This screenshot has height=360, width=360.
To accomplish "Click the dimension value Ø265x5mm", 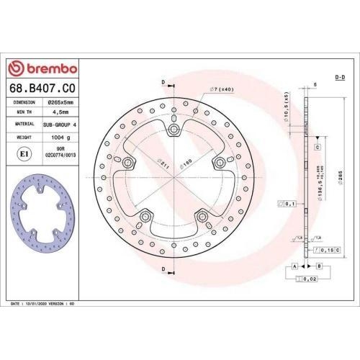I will pyautogui.click(x=62, y=103).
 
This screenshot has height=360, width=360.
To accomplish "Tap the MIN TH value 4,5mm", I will pyautogui.click(x=62, y=113).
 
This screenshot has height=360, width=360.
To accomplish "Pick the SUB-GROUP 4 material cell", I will pyautogui.click(x=62, y=123).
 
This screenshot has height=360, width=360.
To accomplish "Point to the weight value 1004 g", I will pyautogui.click(x=62, y=134).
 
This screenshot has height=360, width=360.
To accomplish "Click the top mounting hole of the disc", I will pyautogui.click(x=173, y=130).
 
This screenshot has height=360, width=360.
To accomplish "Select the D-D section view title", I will pyautogui.click(x=340, y=76).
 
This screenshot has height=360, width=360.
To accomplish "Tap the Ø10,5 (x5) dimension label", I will pyautogui.click(x=286, y=106).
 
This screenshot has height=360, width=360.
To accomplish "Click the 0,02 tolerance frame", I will pyautogui.click(x=307, y=279).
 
